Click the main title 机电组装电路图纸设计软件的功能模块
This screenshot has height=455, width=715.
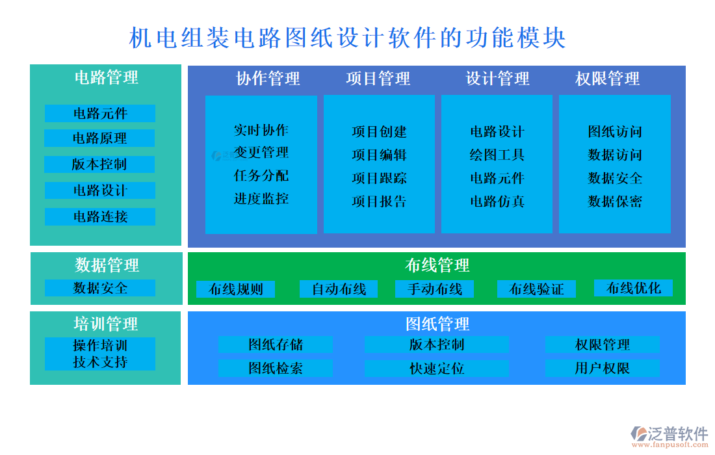(x=348, y=38)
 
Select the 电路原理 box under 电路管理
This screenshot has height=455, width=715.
(x=99, y=138)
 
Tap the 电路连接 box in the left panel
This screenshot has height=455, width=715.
(x=99, y=216)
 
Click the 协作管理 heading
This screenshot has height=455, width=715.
(x=268, y=79)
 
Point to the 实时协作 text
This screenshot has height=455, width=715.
(x=261, y=130)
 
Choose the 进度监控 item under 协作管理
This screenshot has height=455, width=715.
(x=261, y=199)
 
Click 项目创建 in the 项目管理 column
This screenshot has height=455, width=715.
(x=379, y=132)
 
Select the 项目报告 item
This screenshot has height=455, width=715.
(x=379, y=201)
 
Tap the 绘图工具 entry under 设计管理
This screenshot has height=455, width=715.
(x=497, y=155)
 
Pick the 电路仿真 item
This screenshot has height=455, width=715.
(x=497, y=201)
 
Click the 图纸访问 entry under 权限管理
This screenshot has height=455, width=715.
(x=614, y=132)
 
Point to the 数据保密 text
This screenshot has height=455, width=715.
(x=614, y=201)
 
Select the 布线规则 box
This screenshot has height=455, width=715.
(x=235, y=289)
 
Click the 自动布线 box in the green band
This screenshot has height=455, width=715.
(x=339, y=289)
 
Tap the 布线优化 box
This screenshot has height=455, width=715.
(x=633, y=288)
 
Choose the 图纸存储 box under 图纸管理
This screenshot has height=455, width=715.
(x=275, y=344)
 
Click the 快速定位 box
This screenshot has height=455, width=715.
(x=436, y=369)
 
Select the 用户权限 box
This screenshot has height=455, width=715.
(x=602, y=369)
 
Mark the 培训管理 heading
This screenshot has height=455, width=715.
(x=105, y=324)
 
